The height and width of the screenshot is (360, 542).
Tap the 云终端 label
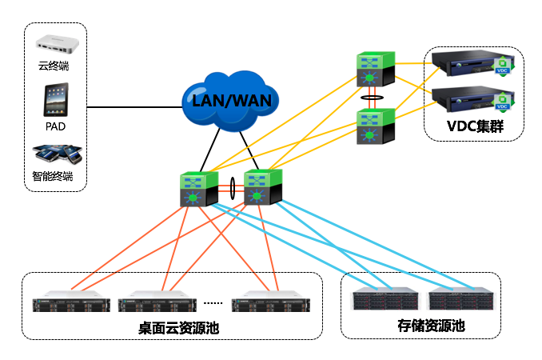(55, 64)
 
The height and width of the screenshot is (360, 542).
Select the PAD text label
(55, 126)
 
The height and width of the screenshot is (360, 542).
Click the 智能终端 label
(55, 175)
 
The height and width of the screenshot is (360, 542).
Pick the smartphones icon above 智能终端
(57, 154)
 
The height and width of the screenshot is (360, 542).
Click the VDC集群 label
(473, 126)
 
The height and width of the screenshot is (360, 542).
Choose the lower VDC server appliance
(463, 101)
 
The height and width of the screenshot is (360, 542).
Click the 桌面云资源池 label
(167, 329)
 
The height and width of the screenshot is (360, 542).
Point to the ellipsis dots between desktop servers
(213, 304)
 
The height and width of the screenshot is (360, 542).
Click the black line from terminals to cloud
(132, 106)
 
